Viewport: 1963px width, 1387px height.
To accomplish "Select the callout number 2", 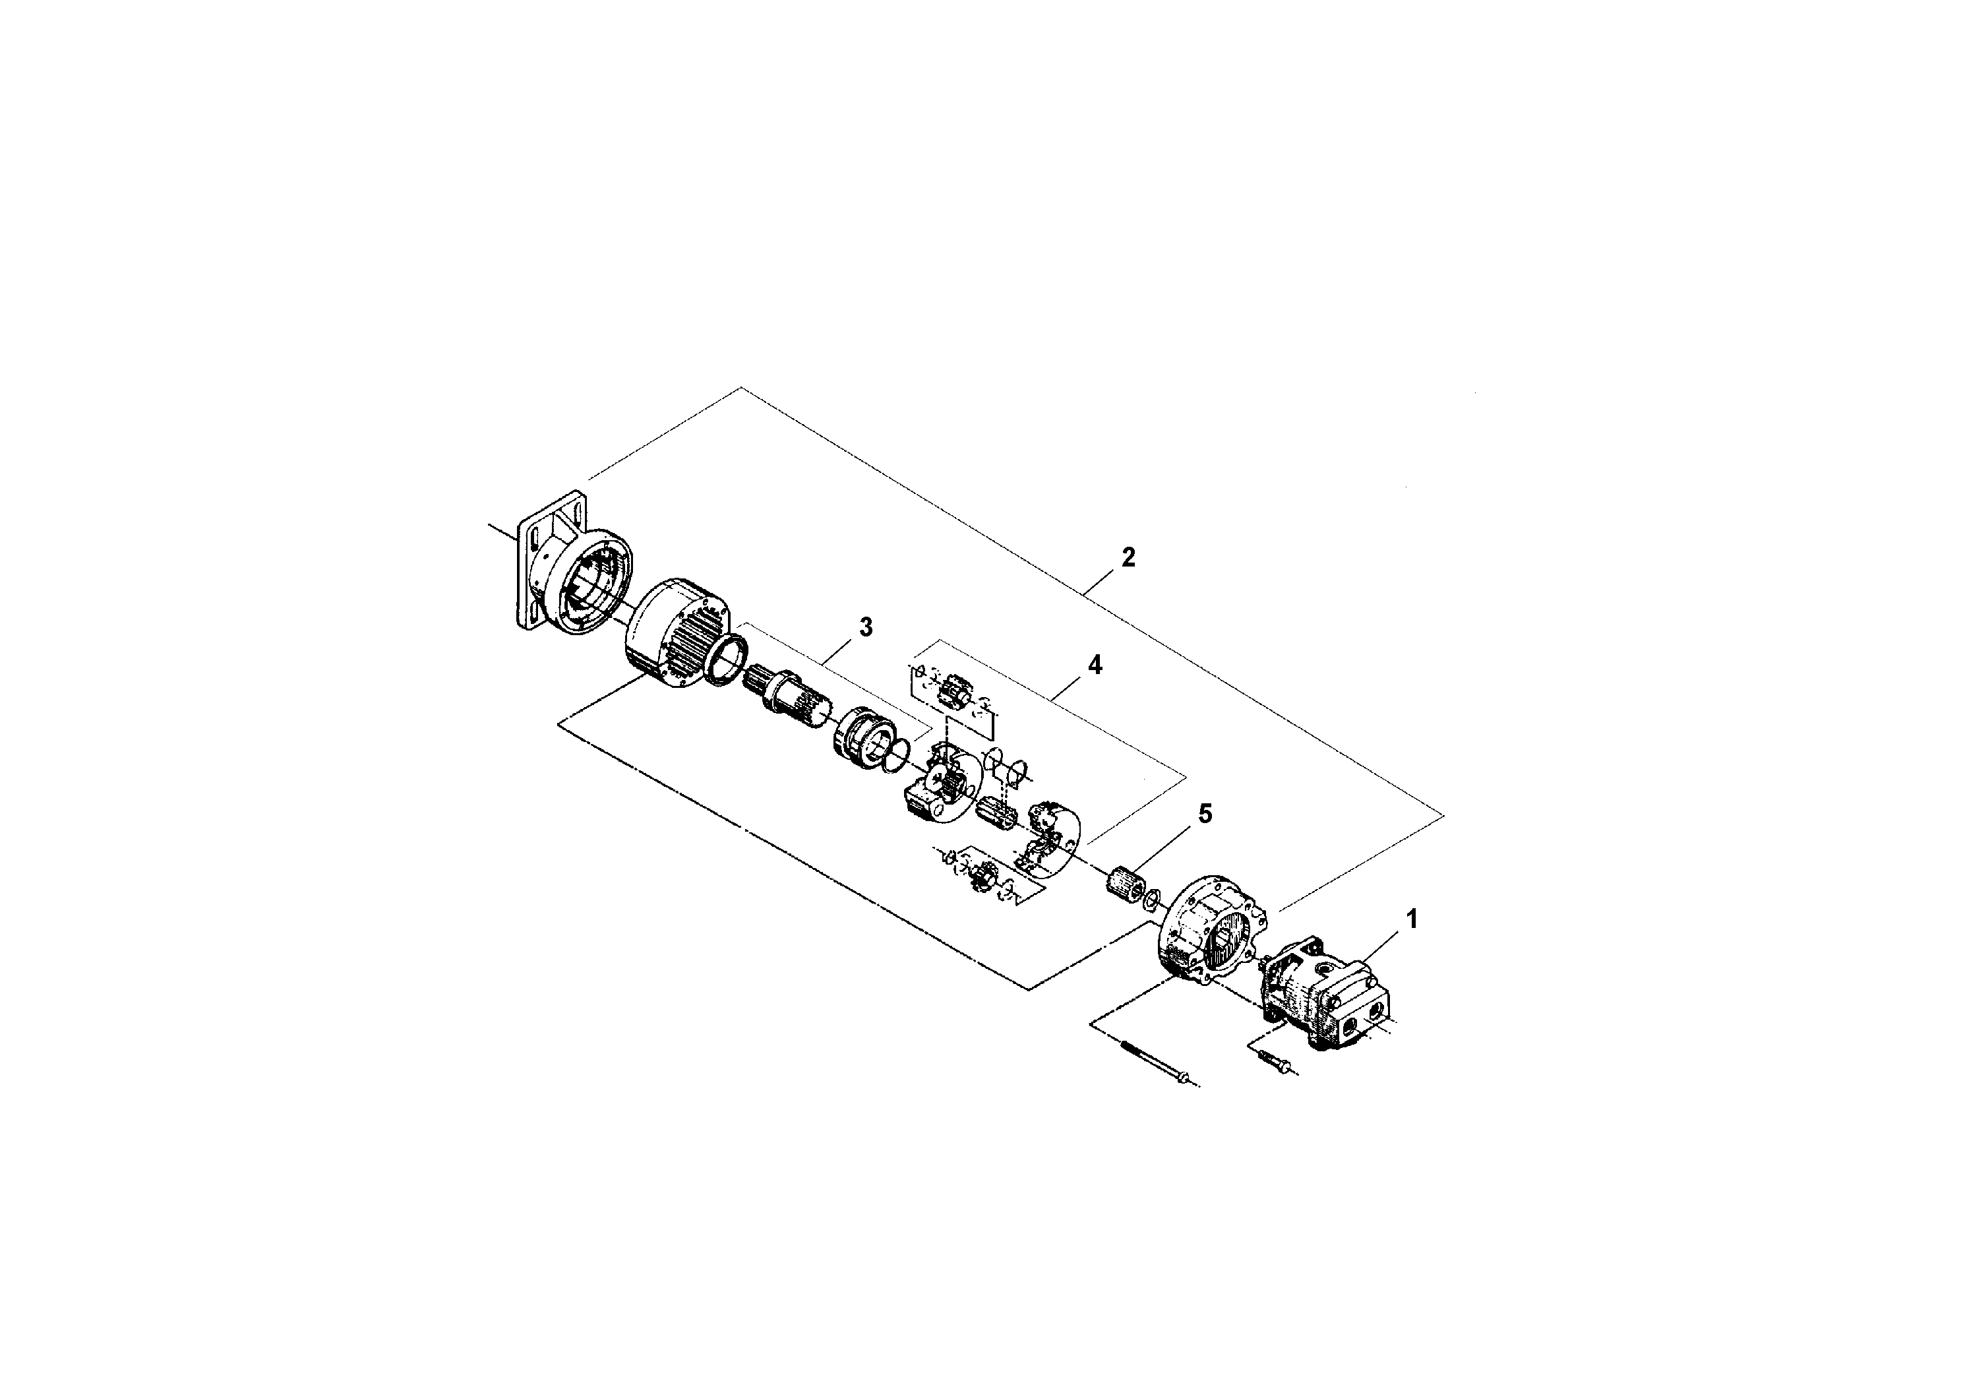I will coord(1129,557).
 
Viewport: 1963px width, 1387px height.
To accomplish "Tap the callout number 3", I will coord(866,627).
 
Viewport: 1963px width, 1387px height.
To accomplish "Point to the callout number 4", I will coord(1095,665).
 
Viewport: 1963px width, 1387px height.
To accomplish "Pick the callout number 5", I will coord(1205,814).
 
